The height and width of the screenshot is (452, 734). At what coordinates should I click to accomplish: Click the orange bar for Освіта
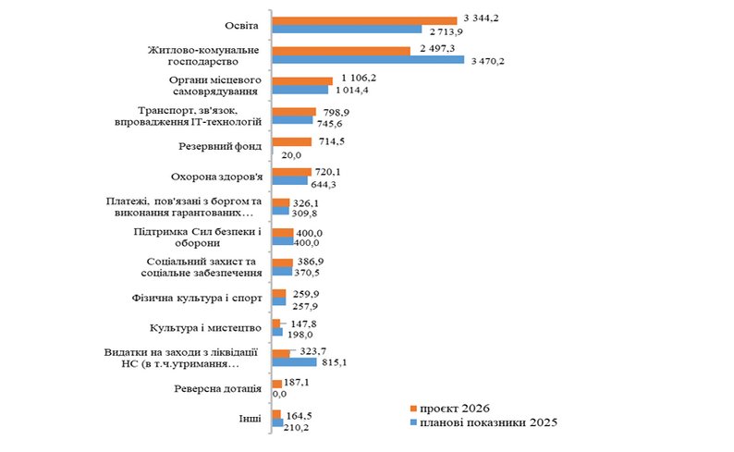[x=364, y=19]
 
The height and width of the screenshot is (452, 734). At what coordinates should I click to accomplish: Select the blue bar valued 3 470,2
[x=368, y=60]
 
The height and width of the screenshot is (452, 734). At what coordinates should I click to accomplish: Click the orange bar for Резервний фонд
[x=292, y=141]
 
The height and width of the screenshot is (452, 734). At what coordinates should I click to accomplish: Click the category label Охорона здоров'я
[x=218, y=176]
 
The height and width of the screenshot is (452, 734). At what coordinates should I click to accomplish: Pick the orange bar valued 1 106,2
[x=302, y=80]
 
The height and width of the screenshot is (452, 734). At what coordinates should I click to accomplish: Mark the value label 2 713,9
[x=447, y=31]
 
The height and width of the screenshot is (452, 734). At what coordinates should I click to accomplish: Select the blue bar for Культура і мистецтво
[x=277, y=332]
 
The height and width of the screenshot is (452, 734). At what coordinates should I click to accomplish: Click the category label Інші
[x=249, y=418]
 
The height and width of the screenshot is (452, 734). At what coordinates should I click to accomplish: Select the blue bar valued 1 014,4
[x=300, y=90]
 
